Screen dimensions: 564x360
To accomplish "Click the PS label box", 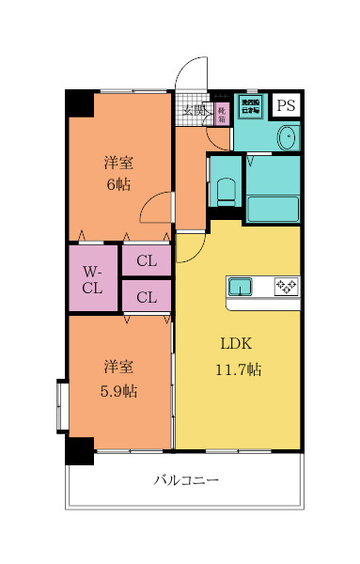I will coord(286,105).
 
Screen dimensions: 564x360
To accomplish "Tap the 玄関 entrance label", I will coord(195,111).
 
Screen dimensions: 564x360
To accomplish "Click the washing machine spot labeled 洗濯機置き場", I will coord(250,106).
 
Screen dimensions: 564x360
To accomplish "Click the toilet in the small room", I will coord(226,190).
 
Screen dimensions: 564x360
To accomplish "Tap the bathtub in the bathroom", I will coord(273,208).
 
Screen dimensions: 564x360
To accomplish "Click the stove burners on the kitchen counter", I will coord(286,286).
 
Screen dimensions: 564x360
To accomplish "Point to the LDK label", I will coord(236,343).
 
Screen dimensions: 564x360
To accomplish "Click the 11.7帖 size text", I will coord(236,369).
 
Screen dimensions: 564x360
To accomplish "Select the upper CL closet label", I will coord(146,261).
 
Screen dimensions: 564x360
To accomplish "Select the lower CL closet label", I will coord(146,298).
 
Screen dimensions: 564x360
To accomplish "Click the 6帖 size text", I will coord(118,183).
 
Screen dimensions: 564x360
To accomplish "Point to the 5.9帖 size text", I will coord(118,390).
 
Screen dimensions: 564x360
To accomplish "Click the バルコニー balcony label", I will coord(187,480).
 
